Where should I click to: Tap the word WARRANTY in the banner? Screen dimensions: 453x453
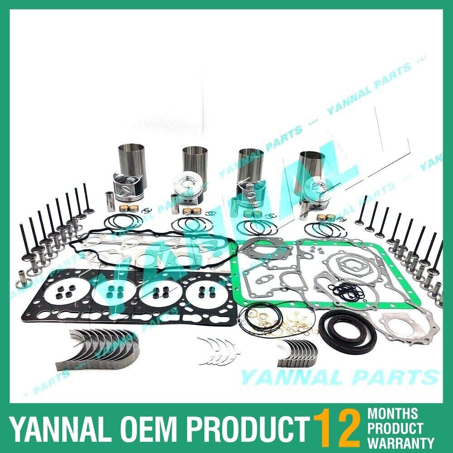[401, 442]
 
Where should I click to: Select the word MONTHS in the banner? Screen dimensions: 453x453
[393, 413]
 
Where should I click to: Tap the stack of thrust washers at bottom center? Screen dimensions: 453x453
[216, 352]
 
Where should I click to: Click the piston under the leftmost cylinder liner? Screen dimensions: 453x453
[136, 190]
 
